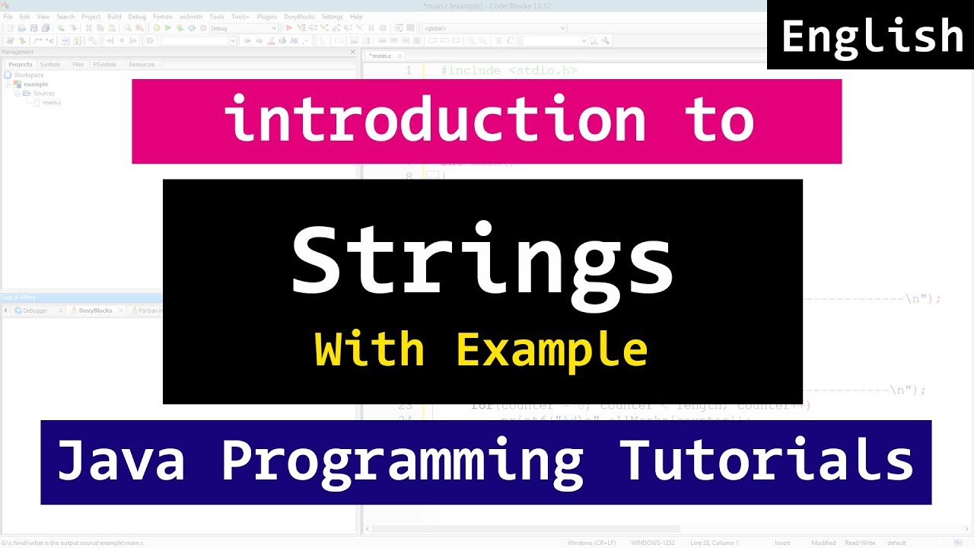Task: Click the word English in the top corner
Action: pos(872,37)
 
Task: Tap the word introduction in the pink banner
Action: pos(434,120)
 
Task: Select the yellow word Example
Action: pos(552,350)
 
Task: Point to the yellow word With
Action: pos(370,350)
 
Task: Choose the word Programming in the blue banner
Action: pos(402,462)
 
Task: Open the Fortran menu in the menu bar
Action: pos(162,17)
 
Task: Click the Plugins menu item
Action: pos(267,17)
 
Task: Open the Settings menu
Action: pos(332,17)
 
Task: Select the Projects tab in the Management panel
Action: pos(21,65)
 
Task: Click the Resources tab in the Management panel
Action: pos(142,65)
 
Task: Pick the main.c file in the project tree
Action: pos(52,102)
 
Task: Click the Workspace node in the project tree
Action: pos(29,75)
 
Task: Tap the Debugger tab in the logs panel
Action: pos(35,311)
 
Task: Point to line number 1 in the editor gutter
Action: pos(409,71)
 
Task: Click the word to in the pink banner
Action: pos(723,120)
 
